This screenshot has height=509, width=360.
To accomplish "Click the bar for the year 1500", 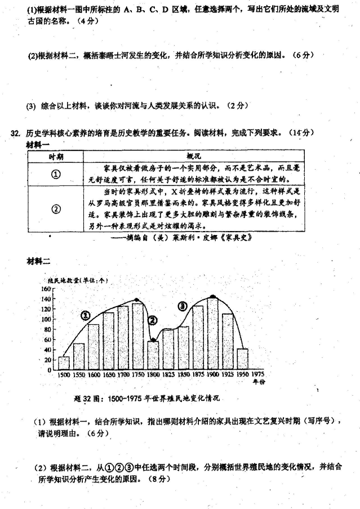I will click(64, 363).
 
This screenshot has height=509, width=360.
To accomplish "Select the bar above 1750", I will click(137, 336).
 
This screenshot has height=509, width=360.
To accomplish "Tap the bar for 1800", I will click(153, 355).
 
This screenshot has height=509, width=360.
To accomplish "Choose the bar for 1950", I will click(243, 359).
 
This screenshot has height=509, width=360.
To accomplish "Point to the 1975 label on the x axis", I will click(258, 374).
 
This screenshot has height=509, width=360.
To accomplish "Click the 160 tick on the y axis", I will click(46, 289).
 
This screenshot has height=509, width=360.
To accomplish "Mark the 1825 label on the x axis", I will click(167, 374).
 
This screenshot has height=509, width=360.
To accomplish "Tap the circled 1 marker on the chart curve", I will click(85, 316).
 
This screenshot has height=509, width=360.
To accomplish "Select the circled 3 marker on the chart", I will click(182, 306).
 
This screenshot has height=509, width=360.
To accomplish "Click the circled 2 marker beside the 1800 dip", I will click(153, 320).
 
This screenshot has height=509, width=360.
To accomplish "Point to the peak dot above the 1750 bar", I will click(137, 300).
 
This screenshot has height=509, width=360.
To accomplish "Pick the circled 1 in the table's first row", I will click(55, 174).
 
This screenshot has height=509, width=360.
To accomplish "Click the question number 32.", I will click(15, 133).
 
